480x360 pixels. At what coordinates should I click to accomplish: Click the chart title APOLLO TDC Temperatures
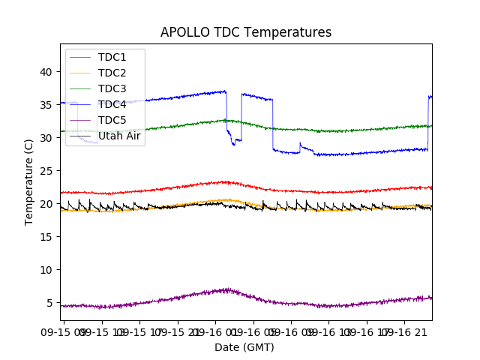[246, 32]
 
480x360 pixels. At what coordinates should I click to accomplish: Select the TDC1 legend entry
[112, 57]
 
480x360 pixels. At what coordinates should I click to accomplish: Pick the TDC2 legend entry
[112, 73]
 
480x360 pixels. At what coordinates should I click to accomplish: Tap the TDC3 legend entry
[112, 88]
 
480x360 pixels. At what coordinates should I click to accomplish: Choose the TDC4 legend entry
[112, 104]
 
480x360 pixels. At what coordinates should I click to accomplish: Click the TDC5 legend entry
[112, 120]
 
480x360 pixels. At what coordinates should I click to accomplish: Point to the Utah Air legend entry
[119, 136]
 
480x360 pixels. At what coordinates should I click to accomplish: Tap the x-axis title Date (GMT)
[244, 347]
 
